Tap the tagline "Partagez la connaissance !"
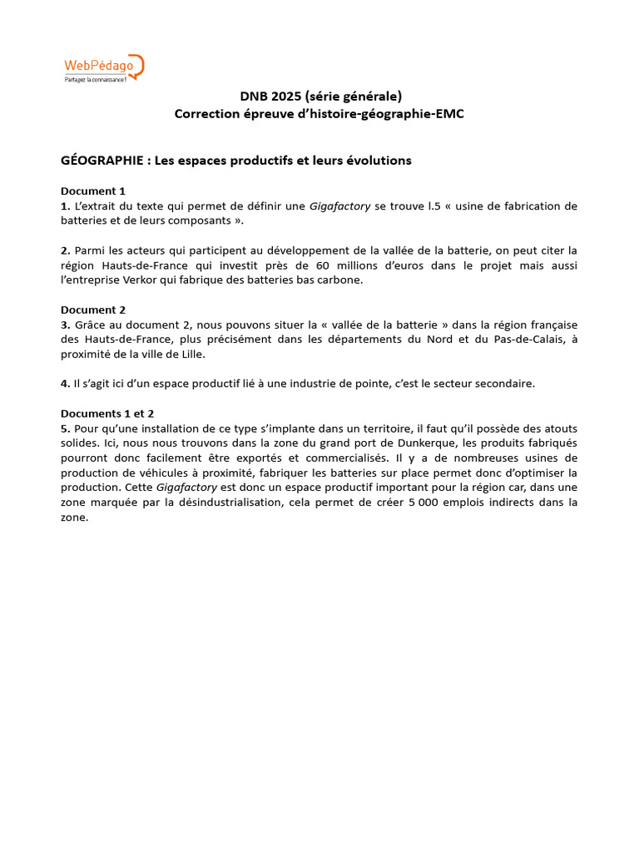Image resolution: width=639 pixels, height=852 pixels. coord(96,79)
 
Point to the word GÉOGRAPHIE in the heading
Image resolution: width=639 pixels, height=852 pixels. coord(102,161)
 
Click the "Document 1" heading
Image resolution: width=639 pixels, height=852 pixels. coord(93,191)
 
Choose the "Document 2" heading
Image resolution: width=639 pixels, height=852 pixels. coord(93,310)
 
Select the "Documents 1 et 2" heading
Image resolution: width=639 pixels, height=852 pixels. coord(107,414)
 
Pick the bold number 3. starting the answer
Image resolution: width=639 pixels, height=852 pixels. coord(66,324)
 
